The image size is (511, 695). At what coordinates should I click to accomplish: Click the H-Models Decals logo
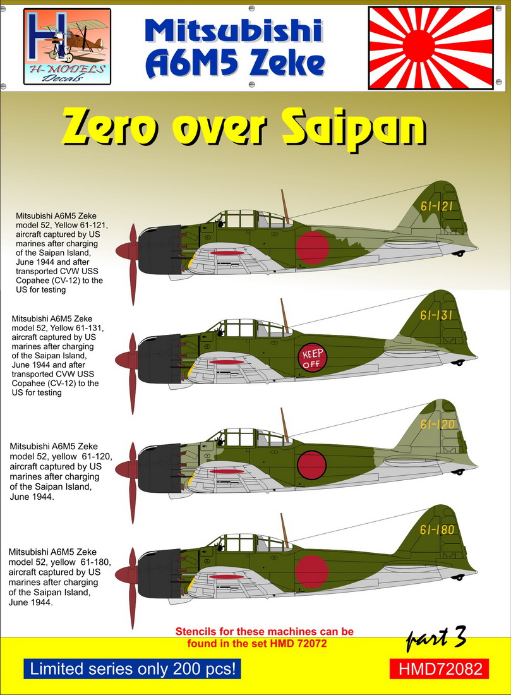tap(67, 46)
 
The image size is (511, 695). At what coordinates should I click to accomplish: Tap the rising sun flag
tap(431, 48)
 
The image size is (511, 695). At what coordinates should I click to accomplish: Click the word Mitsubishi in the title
tap(234, 32)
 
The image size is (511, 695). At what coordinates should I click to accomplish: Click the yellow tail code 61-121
tap(436, 206)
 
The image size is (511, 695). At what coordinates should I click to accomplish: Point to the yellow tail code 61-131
tap(436, 315)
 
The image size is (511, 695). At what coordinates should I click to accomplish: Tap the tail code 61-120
tap(438, 424)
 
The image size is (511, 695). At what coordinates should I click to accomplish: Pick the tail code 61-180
tap(437, 529)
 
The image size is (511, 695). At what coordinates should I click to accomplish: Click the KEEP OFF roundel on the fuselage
tap(312, 358)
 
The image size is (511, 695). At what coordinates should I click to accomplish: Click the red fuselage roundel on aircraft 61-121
tap(312, 248)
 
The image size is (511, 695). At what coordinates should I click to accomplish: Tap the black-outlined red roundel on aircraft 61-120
tap(311, 465)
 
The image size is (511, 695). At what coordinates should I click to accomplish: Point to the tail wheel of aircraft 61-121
tap(459, 254)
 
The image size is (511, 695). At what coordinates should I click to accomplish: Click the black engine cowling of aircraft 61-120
tap(160, 468)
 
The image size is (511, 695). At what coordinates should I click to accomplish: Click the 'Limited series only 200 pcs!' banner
tap(133, 668)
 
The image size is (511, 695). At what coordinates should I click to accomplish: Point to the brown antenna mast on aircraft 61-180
tap(284, 530)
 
